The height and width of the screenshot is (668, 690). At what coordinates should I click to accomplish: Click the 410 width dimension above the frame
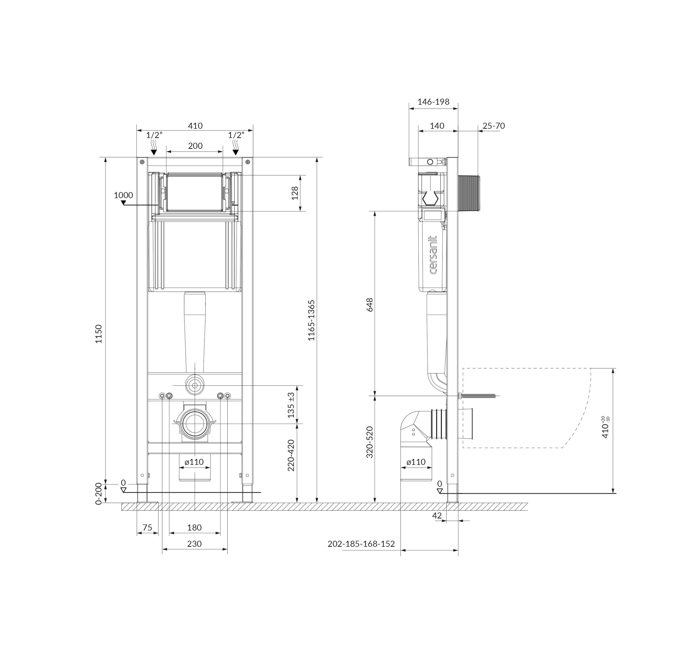[x=195, y=126]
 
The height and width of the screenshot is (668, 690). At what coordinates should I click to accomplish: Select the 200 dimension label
[x=195, y=146]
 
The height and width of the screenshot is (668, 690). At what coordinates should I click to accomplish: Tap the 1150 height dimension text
[x=99, y=334]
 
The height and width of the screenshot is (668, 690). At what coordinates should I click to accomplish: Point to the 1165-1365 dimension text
[x=311, y=320]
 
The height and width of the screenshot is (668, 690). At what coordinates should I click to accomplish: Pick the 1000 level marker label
[x=123, y=195]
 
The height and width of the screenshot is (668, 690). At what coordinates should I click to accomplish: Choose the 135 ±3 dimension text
[x=291, y=405]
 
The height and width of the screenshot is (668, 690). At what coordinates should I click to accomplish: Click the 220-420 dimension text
[x=291, y=455]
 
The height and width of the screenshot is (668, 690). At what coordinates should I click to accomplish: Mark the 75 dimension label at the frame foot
[x=147, y=527]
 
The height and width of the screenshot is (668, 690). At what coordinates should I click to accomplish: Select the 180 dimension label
[x=194, y=527]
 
